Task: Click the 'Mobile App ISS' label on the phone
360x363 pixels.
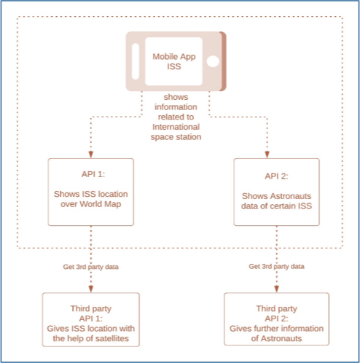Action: point(174,61)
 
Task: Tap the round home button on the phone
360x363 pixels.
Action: point(213,61)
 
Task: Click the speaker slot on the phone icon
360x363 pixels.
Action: point(136,61)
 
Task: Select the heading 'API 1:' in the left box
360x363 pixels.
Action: point(93,174)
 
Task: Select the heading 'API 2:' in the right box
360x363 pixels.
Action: point(276,176)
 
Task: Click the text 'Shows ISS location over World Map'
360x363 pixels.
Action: point(91,199)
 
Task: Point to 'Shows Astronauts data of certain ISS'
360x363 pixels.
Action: point(276,201)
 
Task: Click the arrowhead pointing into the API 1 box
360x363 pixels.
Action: point(91,155)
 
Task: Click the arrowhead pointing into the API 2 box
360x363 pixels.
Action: point(267,155)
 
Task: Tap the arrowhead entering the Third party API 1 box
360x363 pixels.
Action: point(91,289)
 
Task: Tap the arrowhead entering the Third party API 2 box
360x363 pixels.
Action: point(276,289)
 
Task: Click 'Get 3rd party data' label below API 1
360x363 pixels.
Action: point(91,267)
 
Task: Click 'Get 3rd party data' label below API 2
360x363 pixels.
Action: point(276,266)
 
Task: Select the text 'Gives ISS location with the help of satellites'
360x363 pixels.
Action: point(91,333)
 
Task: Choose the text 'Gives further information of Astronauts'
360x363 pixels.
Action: point(276,333)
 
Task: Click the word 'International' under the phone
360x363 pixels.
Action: point(176,127)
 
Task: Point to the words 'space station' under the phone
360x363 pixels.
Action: point(176,137)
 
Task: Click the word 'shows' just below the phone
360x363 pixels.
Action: point(176,97)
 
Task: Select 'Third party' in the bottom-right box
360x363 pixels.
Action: point(276,308)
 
